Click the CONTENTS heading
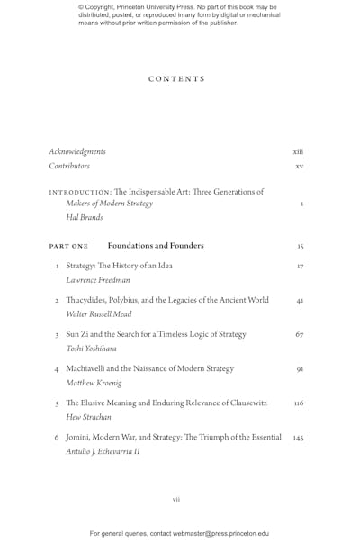pyautogui.click(x=176, y=79)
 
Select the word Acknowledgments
pyautogui.click(x=77, y=151)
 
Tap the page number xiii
pyautogui.click(x=299, y=151)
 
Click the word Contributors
pyautogui.click(x=69, y=167)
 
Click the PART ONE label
pyautogui.click(x=69, y=246)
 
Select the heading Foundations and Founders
pyautogui.click(x=156, y=246)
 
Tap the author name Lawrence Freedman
pyautogui.click(x=98, y=280)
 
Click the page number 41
pyautogui.click(x=300, y=301)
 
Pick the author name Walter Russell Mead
pyautogui.click(x=99, y=314)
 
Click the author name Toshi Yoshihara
pyautogui.click(x=92, y=349)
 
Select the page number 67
pyautogui.click(x=300, y=335)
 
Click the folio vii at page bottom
pyautogui.click(x=176, y=498)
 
